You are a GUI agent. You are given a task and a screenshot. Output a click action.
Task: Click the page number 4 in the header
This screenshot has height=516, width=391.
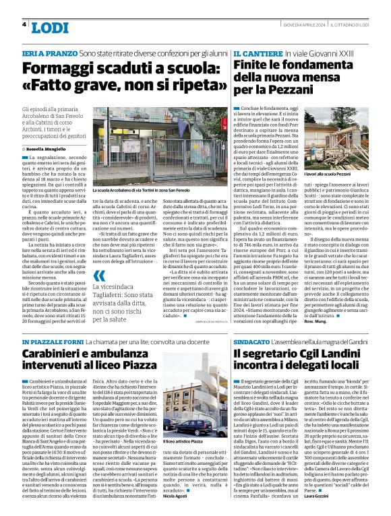point(24,24)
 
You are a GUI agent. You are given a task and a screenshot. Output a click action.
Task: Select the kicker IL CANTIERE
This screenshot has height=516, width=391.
point(257,53)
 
